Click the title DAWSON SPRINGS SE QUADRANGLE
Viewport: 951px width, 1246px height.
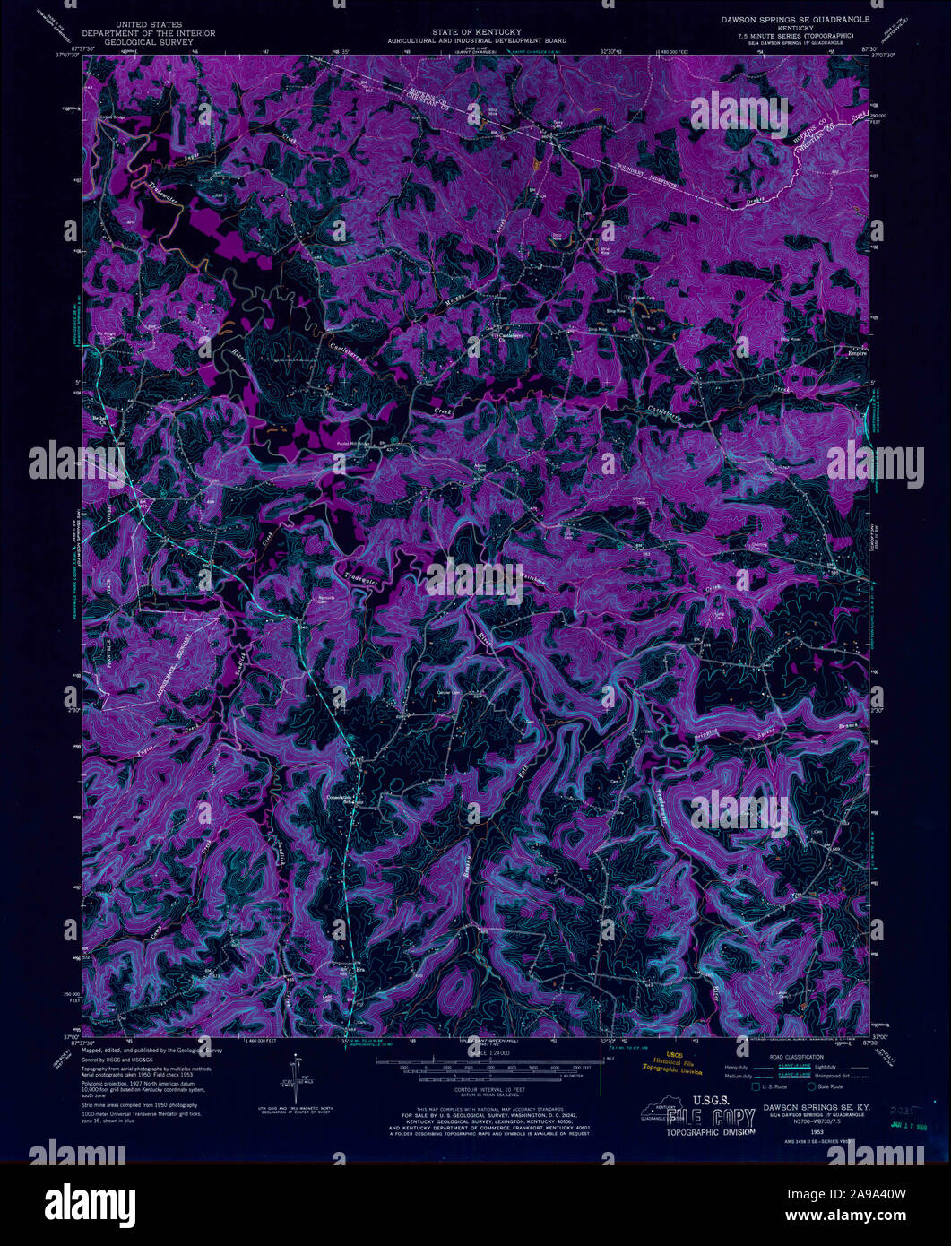790,18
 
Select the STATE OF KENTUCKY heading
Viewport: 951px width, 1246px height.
476,31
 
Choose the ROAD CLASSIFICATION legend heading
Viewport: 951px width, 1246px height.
796,1057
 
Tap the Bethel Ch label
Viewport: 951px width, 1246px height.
96,419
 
